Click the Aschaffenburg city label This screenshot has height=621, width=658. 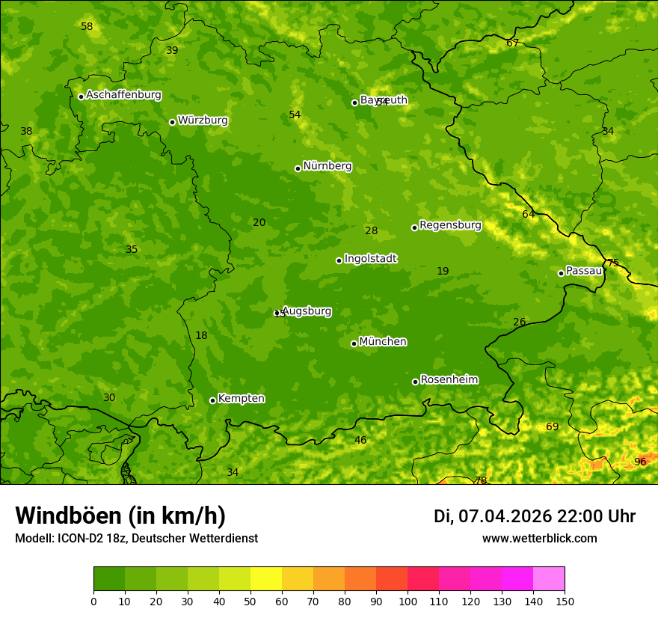pyautogui.click(x=123, y=95)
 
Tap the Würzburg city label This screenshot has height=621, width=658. pyautogui.click(x=203, y=120)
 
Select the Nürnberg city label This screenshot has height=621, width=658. pyautogui.click(x=327, y=166)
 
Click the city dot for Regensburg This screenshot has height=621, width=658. pyautogui.click(x=414, y=227)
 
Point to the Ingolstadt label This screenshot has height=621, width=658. pyautogui.click(x=370, y=259)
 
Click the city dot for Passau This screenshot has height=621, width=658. pyautogui.click(x=561, y=273)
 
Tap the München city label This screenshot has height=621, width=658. pyautogui.click(x=383, y=342)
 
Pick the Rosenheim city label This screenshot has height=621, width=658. pyautogui.click(x=449, y=380)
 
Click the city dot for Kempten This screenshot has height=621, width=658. pyautogui.click(x=212, y=400)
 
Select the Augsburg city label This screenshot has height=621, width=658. pyautogui.click(x=307, y=311)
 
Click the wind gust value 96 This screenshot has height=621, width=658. pyautogui.click(x=640, y=462)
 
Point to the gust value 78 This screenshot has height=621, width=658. pyautogui.click(x=481, y=480)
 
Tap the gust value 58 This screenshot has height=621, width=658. pyautogui.click(x=87, y=26)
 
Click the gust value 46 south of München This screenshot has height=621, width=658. pyautogui.click(x=360, y=440)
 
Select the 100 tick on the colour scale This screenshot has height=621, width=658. pyautogui.click(x=408, y=601)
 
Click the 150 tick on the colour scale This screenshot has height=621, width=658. pyautogui.click(x=565, y=601)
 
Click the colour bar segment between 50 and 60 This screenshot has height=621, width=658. pyautogui.click(x=266, y=578)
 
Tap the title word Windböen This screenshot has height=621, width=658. pyautogui.click(x=69, y=516)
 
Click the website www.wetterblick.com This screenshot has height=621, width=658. pyautogui.click(x=539, y=538)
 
